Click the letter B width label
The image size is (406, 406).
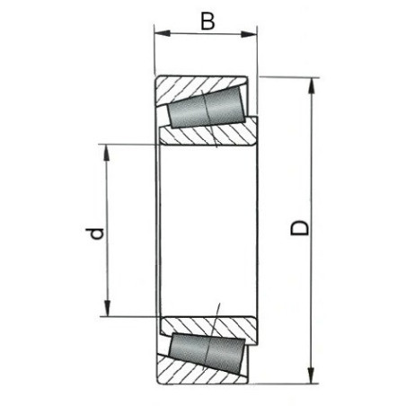coord(207,22)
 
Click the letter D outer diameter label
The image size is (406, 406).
coord(300,228)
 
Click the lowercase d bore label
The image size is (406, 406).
coord(95,234)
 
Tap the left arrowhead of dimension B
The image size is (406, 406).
coord(162,33)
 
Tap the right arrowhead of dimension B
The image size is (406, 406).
coord(249,34)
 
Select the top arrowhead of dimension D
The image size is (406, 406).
coord(312,85)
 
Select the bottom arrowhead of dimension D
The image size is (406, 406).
coord(312,375)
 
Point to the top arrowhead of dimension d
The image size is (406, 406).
coord(106,153)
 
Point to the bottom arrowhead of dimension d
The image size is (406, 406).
coord(108,308)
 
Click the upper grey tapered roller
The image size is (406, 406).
coord(207,108)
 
